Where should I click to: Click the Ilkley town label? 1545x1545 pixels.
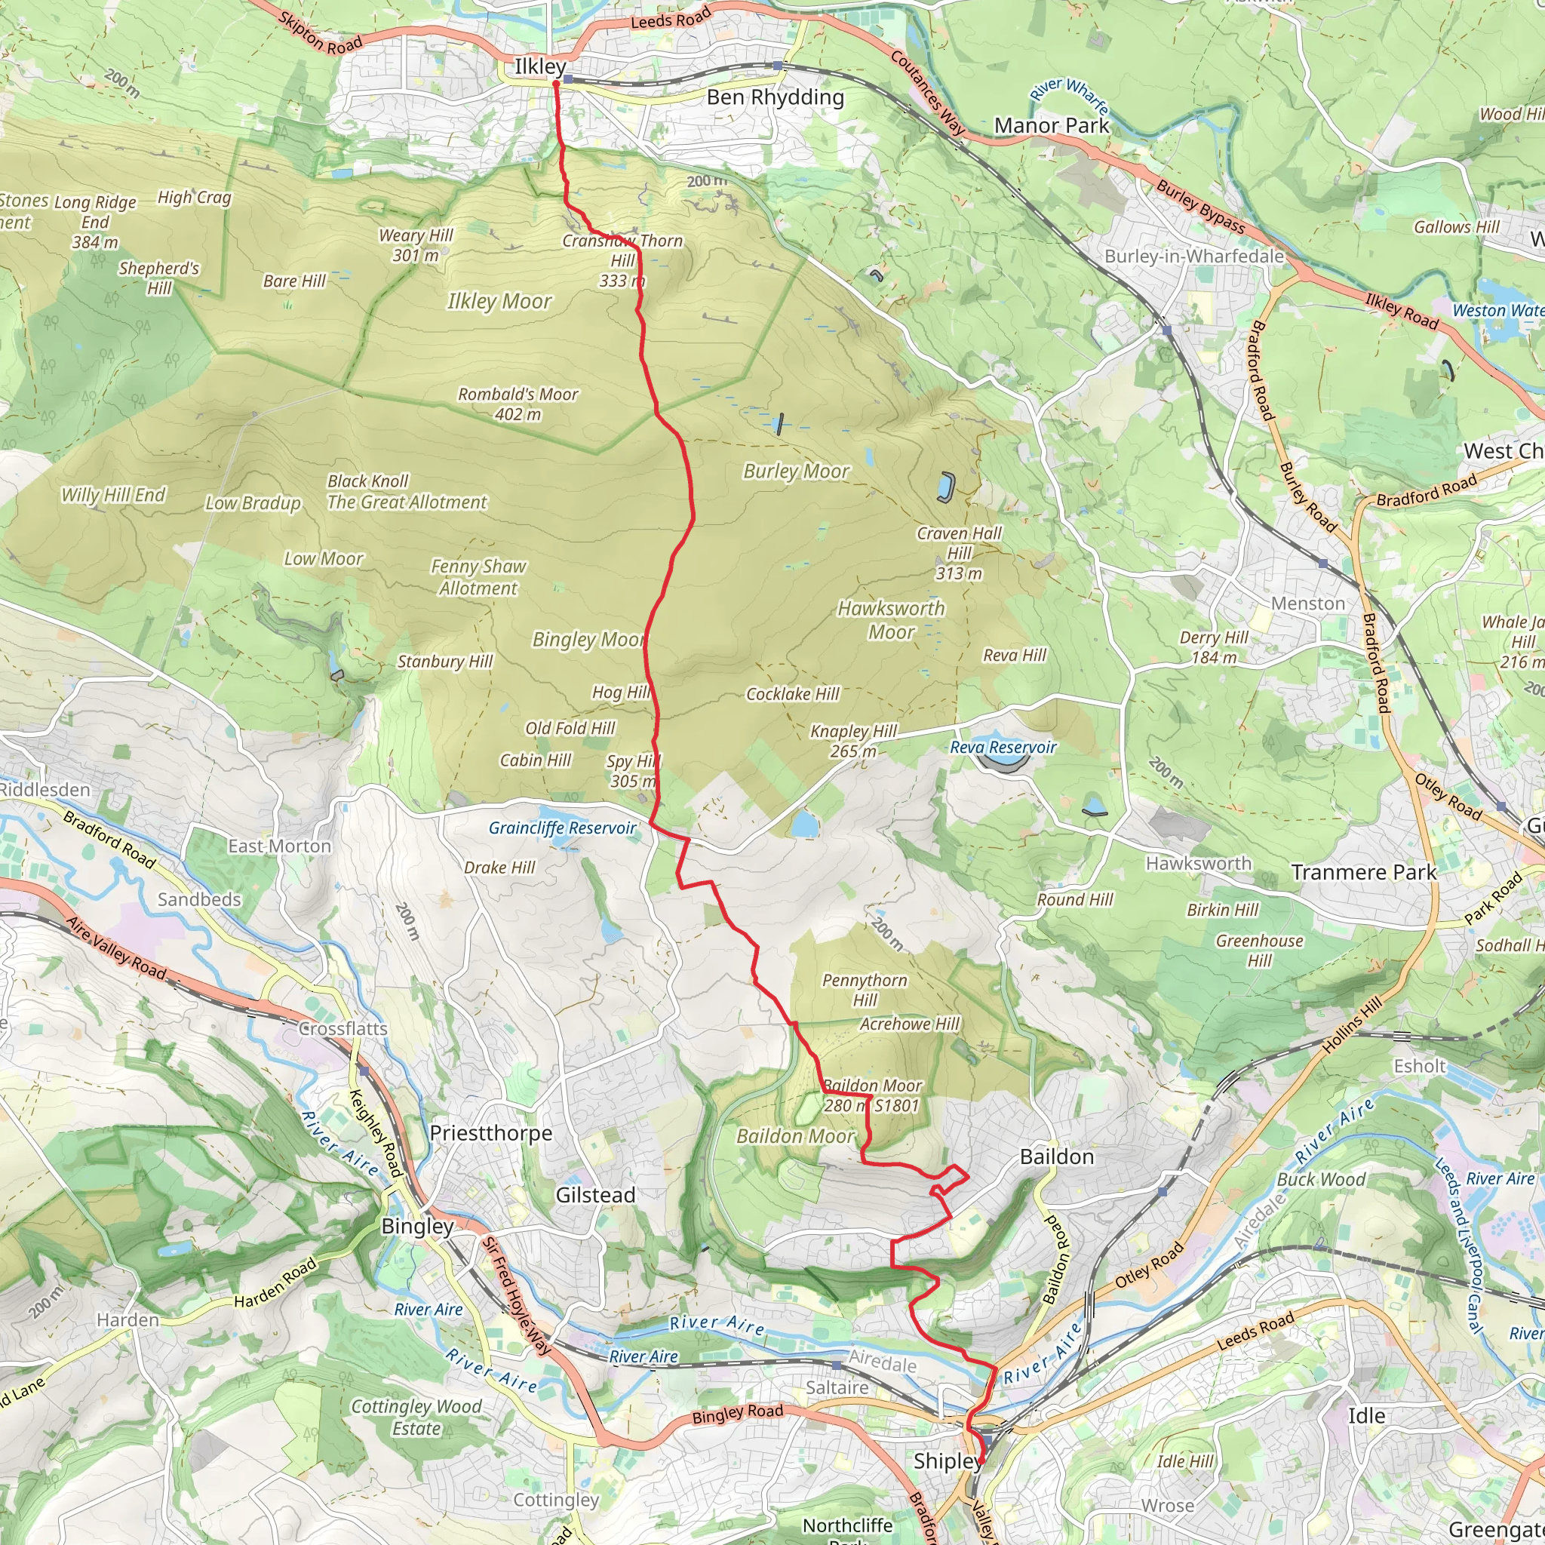(540, 66)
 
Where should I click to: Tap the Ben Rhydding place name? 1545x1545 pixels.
(775, 97)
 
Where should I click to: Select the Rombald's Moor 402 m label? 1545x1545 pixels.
(518, 404)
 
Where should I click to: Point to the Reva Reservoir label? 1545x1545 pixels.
(1003, 747)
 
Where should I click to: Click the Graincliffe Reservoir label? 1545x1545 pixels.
(562, 828)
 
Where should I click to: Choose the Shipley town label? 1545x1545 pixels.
(947, 1461)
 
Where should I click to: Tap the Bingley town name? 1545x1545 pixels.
(417, 1226)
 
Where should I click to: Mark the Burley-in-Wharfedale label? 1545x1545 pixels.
(1194, 256)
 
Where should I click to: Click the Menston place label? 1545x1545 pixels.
(1308, 604)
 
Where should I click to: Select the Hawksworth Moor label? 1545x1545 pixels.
(891, 620)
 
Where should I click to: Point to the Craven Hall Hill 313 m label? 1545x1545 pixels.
(959, 552)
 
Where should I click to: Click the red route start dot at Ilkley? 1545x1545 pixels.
(556, 82)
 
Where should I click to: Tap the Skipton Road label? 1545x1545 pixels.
(321, 32)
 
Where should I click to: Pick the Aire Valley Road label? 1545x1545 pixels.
(116, 948)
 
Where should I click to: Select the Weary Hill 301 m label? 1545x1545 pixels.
(416, 244)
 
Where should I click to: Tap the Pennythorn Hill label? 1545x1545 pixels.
(865, 990)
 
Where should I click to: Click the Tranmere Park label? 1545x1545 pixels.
(1363, 873)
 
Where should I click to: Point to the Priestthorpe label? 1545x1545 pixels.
(491, 1133)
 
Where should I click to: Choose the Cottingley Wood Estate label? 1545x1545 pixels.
(416, 1417)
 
